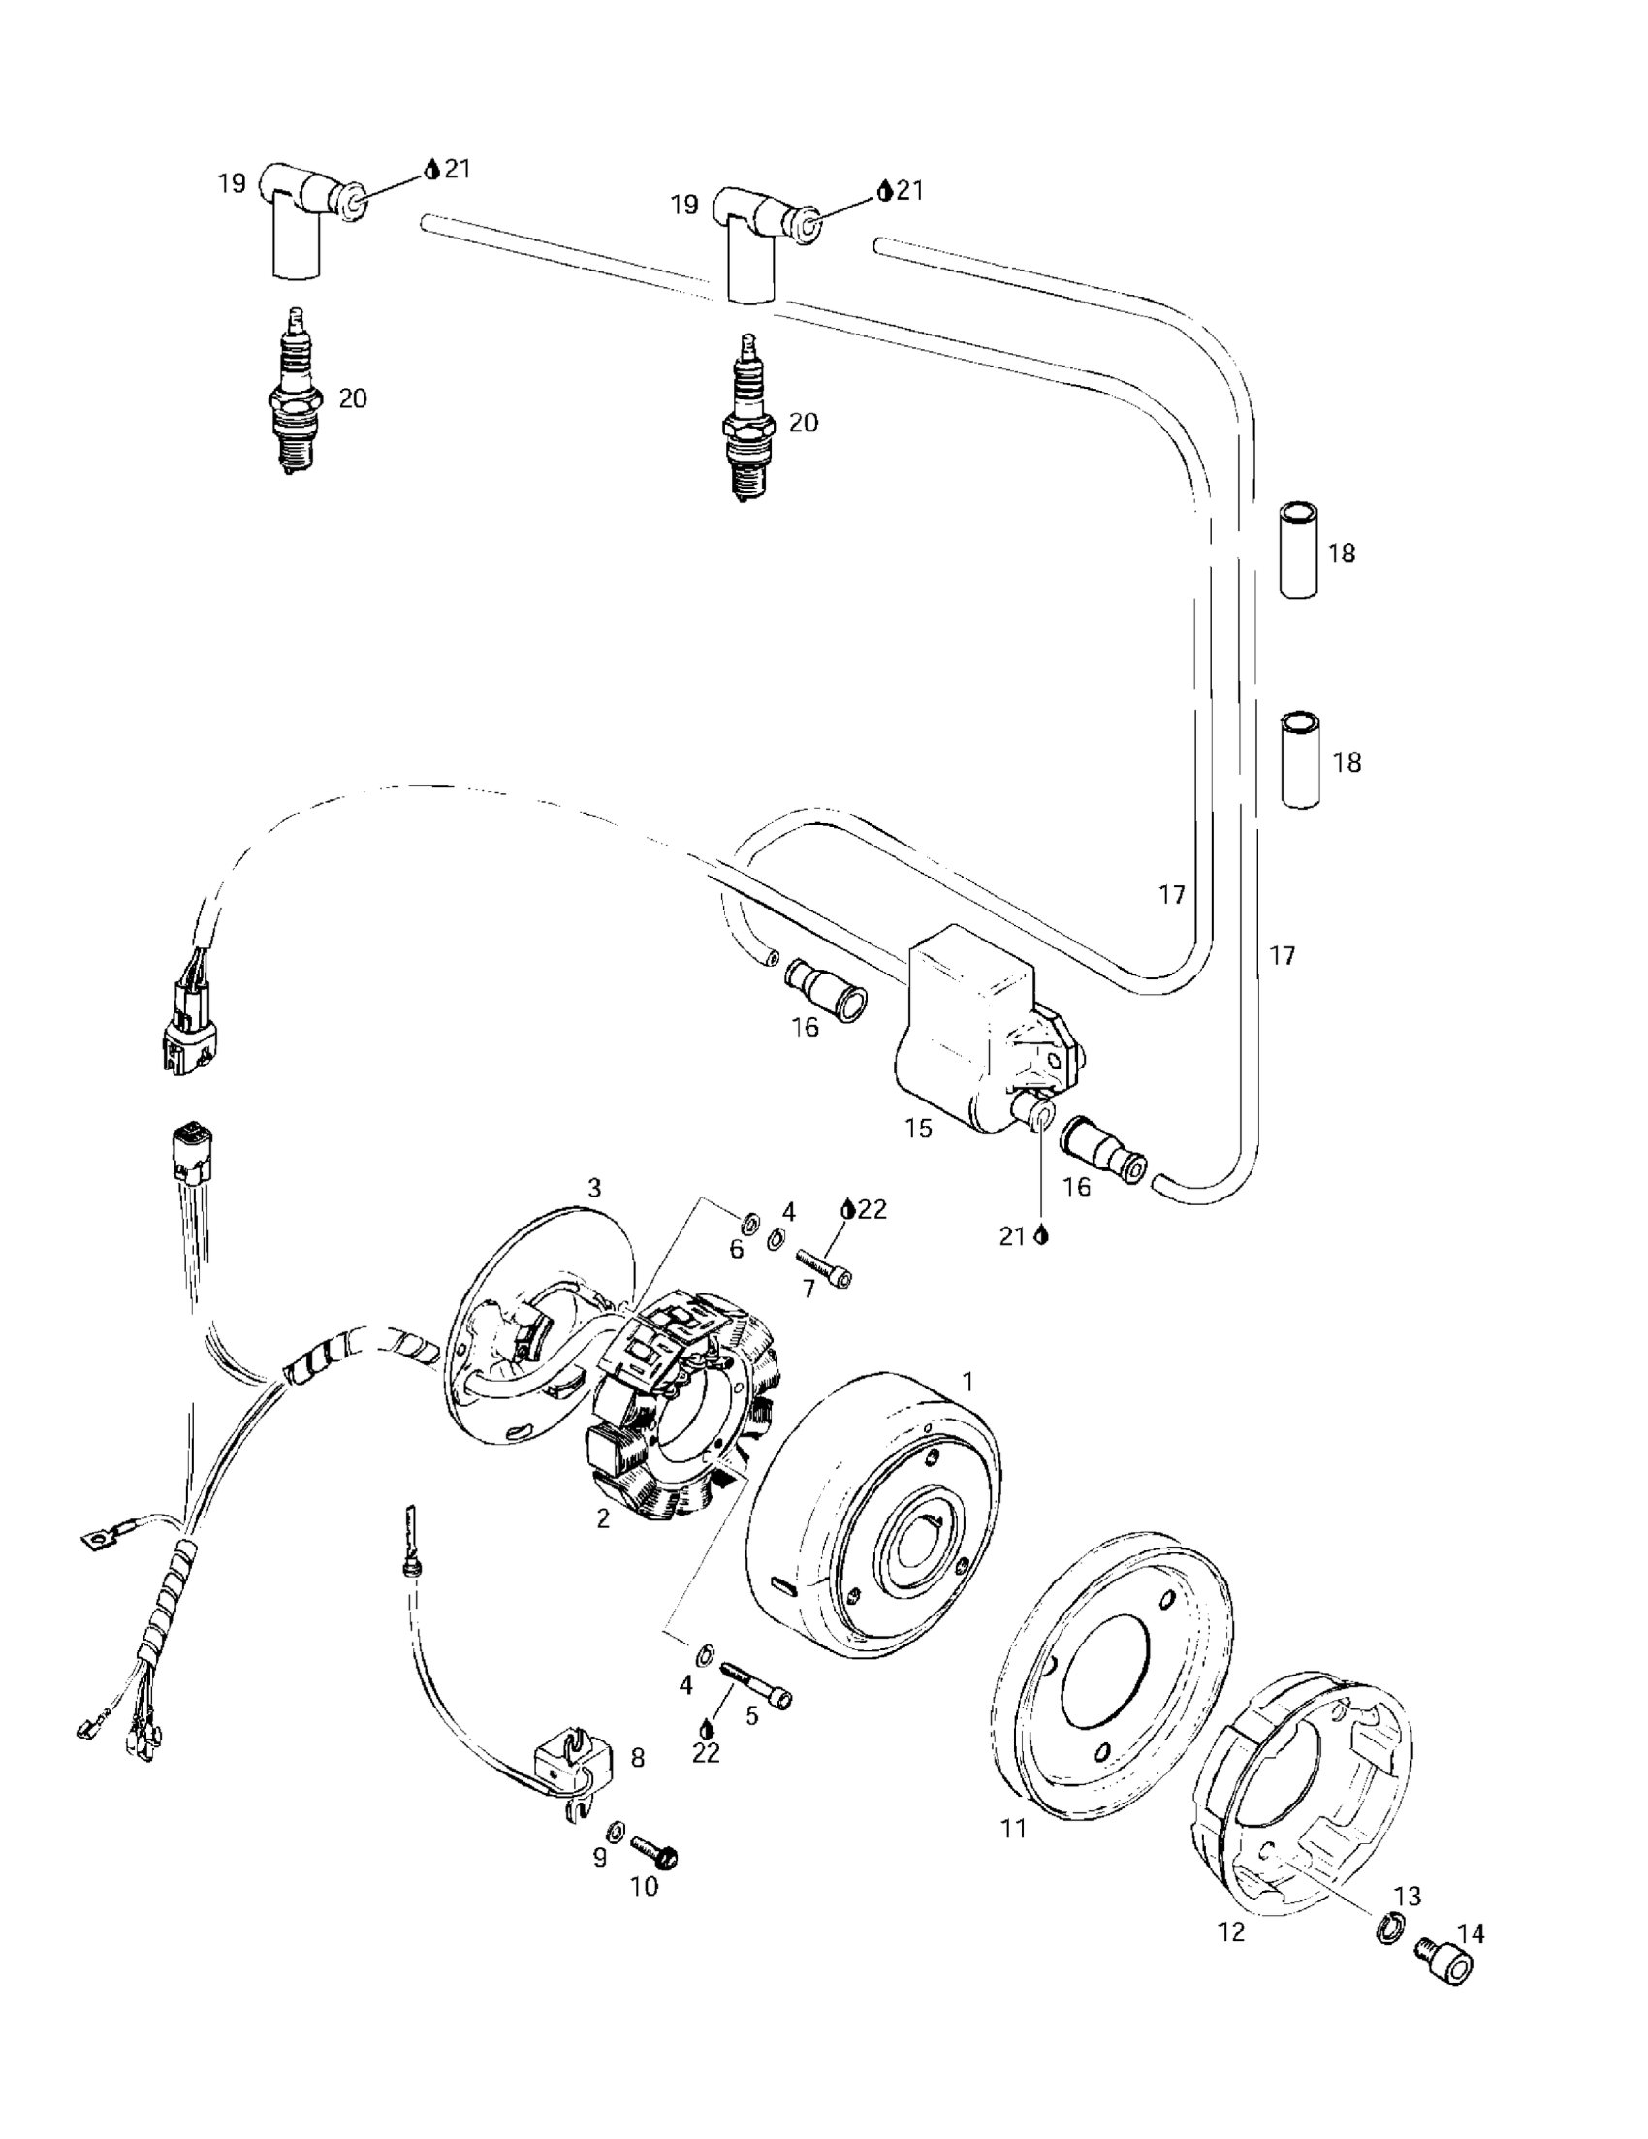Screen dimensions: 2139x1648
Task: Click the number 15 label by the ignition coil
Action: pos(918,1129)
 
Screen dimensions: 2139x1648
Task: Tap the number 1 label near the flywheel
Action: pos(967,1382)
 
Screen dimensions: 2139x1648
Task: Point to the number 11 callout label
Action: pos(1013,1828)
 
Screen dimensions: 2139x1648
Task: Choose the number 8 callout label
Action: pos(638,1758)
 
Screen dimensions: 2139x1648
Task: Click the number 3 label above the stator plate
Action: pos(593,1188)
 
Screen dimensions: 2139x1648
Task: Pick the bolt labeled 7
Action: pos(823,1263)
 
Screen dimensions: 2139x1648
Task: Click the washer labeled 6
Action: pos(750,1222)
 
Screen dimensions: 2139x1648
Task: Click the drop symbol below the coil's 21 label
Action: pos(1041,1236)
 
